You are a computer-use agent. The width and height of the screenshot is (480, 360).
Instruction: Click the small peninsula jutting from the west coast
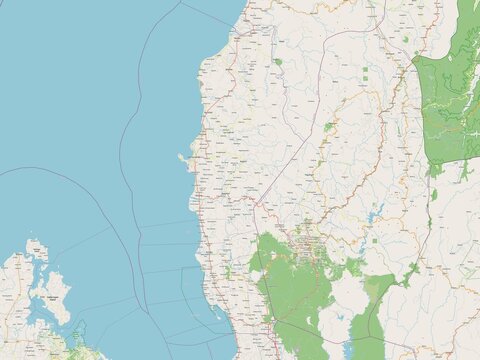click(183, 158)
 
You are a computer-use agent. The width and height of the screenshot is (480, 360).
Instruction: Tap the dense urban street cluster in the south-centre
click(306, 240)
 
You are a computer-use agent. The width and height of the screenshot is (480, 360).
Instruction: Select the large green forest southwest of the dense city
click(290, 290)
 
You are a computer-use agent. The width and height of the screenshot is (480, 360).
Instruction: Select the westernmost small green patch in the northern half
click(277, 62)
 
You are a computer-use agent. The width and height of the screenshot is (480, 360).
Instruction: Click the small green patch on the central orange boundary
click(328, 127)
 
